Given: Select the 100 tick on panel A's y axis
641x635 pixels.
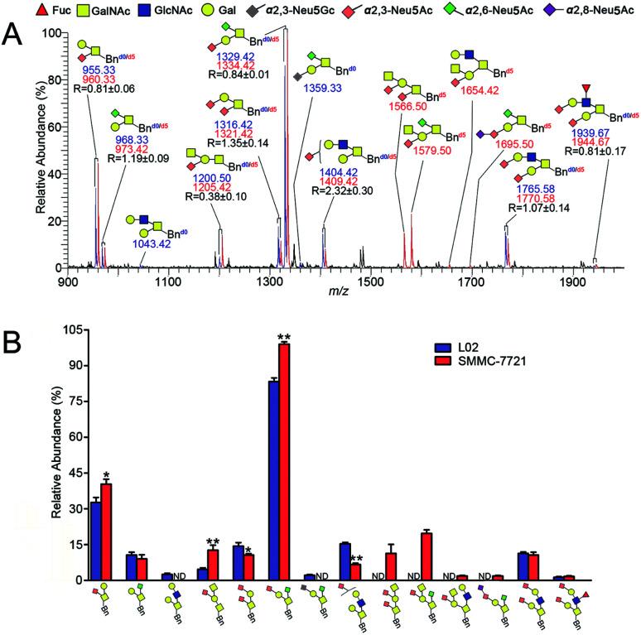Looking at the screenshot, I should pyautogui.click(x=55, y=33).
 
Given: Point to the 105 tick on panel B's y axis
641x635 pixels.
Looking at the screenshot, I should pyautogui.click(x=52, y=330).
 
